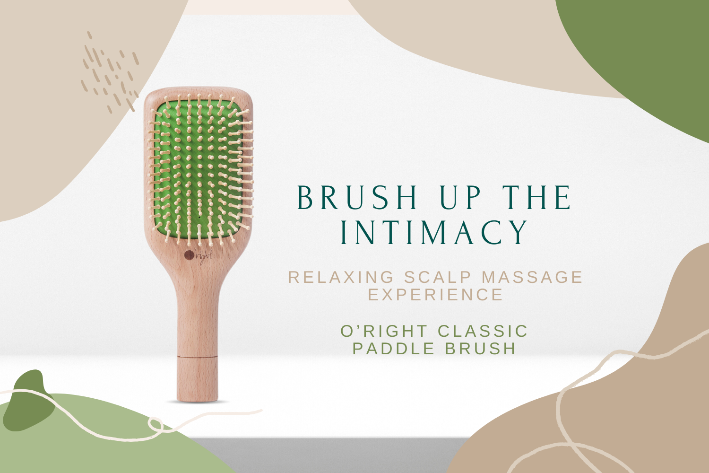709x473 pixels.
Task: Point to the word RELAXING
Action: pyautogui.click(x=341, y=277)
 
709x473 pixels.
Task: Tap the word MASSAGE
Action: pyautogui.click(x=532, y=277)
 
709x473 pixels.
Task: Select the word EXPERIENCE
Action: pyautogui.click(x=435, y=295)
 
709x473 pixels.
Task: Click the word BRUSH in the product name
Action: pyautogui.click(x=481, y=349)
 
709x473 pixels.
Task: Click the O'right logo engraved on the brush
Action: pyautogui.click(x=198, y=257)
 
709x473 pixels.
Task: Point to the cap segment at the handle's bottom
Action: pyautogui.click(x=197, y=379)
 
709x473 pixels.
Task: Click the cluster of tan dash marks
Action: pyautogui.click(x=110, y=72)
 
